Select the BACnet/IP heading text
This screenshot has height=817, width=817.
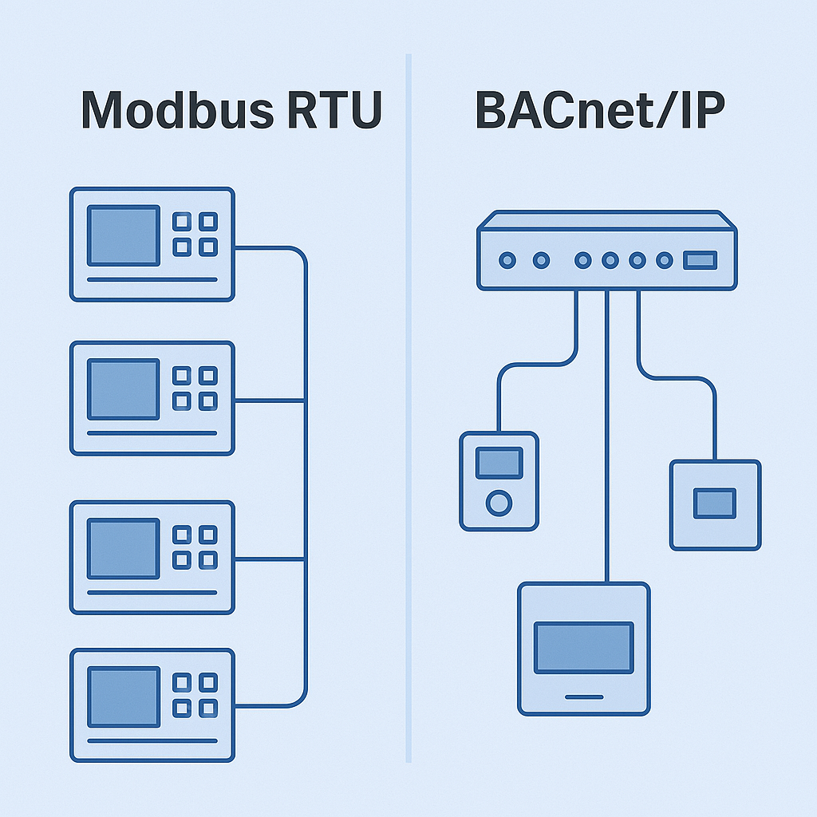point(600,111)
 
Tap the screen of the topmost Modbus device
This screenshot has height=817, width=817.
point(123,235)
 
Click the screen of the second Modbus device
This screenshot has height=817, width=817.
point(123,389)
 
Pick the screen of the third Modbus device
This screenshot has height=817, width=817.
point(123,547)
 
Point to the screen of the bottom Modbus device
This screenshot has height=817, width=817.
point(123,697)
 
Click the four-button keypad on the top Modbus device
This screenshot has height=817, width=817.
point(195,235)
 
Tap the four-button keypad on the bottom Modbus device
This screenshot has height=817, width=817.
point(195,695)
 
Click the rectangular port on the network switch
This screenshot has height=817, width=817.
point(700,260)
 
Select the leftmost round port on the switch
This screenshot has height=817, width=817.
point(507,260)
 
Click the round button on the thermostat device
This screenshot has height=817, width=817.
point(499,503)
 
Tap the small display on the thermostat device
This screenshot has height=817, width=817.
point(499,463)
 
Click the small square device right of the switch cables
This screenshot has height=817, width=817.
point(715,504)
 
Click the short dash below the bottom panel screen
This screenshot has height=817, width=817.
point(583,697)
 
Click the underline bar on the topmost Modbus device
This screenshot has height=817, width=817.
point(152,279)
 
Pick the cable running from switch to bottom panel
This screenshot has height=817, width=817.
point(607,439)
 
